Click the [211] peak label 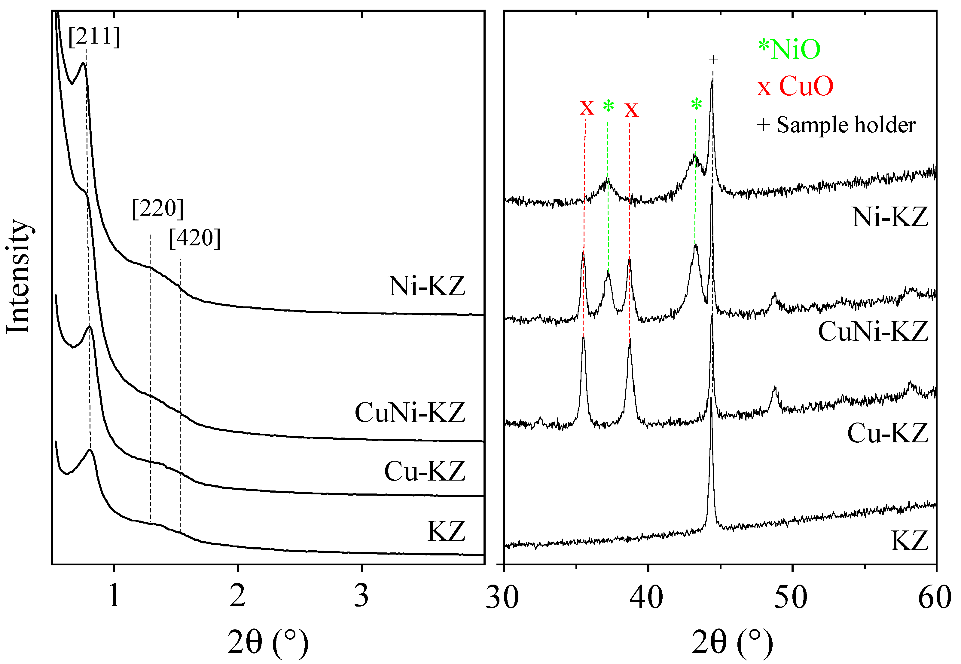coord(94,37)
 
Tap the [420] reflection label coord(194,238)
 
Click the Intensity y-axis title coord(18,277)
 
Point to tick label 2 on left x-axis coord(238,596)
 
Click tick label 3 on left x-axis coord(361,596)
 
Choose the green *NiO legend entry coord(789,50)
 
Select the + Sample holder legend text coord(836,125)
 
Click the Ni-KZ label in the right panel coord(890,217)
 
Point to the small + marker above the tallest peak coord(713,60)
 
